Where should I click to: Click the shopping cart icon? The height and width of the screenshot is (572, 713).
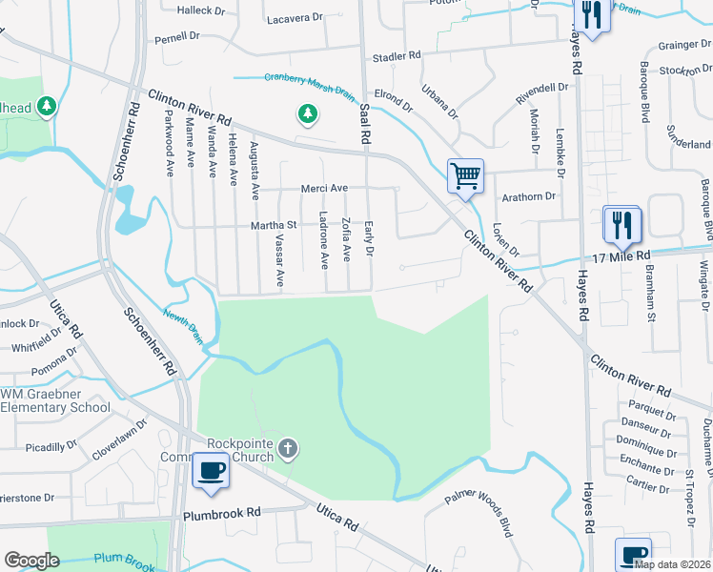pos(465,175)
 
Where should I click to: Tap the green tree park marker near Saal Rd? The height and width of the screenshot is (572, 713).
pos(307,115)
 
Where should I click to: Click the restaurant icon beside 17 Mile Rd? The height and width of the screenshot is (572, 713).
pos(621,226)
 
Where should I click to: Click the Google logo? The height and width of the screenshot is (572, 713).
pos(31,561)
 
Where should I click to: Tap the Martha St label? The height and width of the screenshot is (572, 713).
pos(275,225)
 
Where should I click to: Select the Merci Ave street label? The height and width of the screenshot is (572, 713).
pos(325,189)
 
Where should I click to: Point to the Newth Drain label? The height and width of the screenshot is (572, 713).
pos(182,327)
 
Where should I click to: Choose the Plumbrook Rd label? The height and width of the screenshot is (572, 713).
pos(222,513)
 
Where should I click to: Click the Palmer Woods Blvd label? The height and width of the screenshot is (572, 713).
pos(482,514)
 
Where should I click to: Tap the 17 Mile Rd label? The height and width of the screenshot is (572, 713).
pos(621,257)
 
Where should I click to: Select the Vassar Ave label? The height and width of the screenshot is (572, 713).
pos(279,261)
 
